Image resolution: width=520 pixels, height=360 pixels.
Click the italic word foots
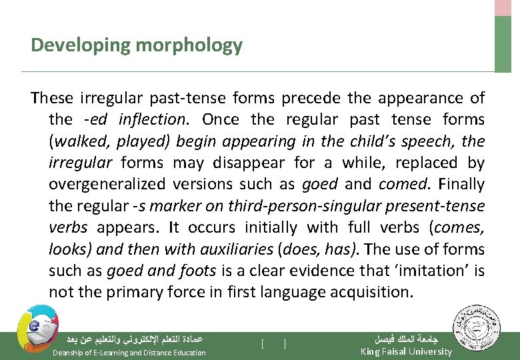tap(197, 270)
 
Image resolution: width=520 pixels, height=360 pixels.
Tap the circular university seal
tap(474, 328)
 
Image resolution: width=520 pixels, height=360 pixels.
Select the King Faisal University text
tap(405, 351)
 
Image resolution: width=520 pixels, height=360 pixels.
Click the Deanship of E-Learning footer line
tap(129, 352)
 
